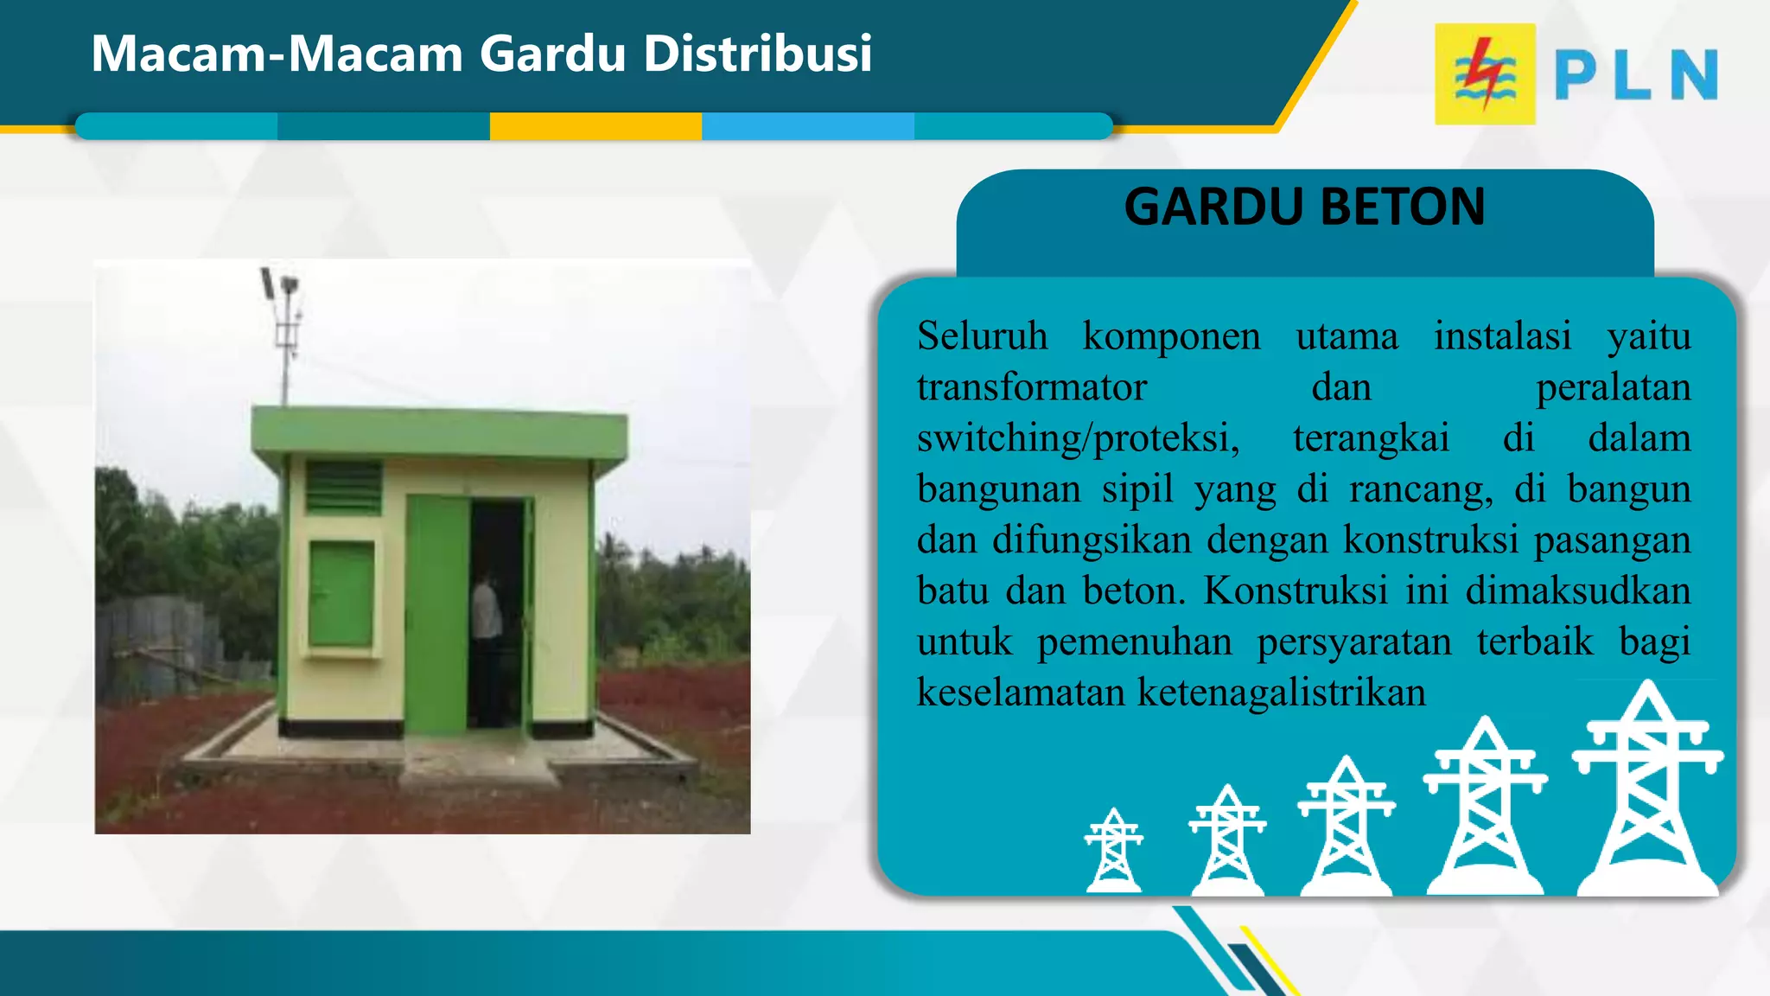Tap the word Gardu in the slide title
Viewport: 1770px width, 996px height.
(x=552, y=54)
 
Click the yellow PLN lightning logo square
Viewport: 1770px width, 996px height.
(x=1484, y=74)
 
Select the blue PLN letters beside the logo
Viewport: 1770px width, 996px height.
(x=1635, y=75)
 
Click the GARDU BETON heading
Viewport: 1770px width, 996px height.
(x=1304, y=207)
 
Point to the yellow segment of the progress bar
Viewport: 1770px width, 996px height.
(x=595, y=126)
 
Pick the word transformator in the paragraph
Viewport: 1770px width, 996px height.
(x=1031, y=387)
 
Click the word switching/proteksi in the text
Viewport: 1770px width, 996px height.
(x=1078, y=438)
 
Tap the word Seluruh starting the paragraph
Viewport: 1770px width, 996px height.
(x=982, y=335)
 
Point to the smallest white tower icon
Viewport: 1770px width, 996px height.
(x=1114, y=851)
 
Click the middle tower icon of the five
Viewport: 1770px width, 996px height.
(x=1346, y=826)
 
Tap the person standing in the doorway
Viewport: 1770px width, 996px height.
(x=486, y=644)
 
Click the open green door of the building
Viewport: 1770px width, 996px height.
(x=437, y=614)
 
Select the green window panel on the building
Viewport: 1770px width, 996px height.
(x=341, y=594)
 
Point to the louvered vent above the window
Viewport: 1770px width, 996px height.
(x=343, y=488)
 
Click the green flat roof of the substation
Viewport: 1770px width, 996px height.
(x=439, y=432)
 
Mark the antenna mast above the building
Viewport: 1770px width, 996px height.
(x=284, y=337)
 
